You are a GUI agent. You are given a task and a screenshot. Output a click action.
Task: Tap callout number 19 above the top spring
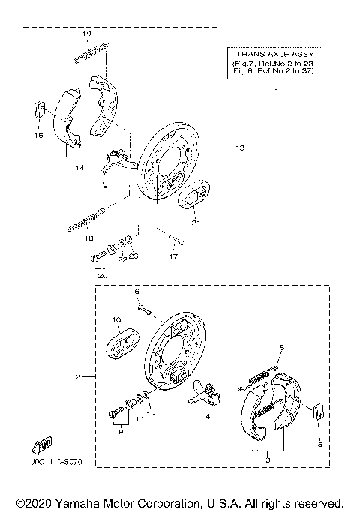point(86,35)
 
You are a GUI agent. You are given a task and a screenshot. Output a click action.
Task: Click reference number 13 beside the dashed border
point(239,148)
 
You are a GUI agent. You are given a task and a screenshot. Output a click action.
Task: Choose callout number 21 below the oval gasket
point(195,223)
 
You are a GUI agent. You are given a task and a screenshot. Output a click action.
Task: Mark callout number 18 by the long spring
point(88,238)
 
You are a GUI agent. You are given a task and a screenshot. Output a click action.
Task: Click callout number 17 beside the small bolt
point(173,256)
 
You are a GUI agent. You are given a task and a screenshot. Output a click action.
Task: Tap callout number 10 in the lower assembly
point(117,320)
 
